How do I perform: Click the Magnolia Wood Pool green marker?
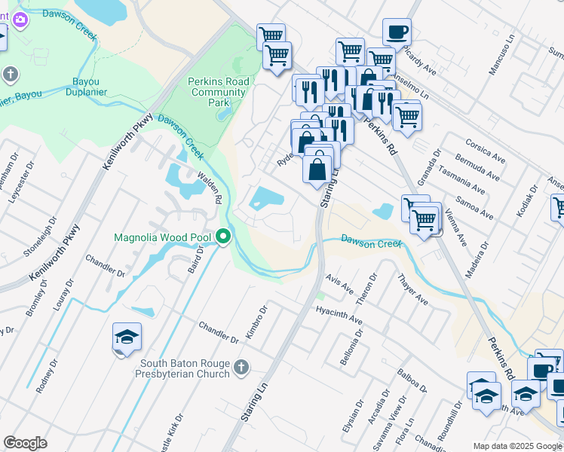coord(223,237)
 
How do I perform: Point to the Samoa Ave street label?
coord(474,209)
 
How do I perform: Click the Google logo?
coord(26,443)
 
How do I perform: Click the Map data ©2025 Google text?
coord(516,445)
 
